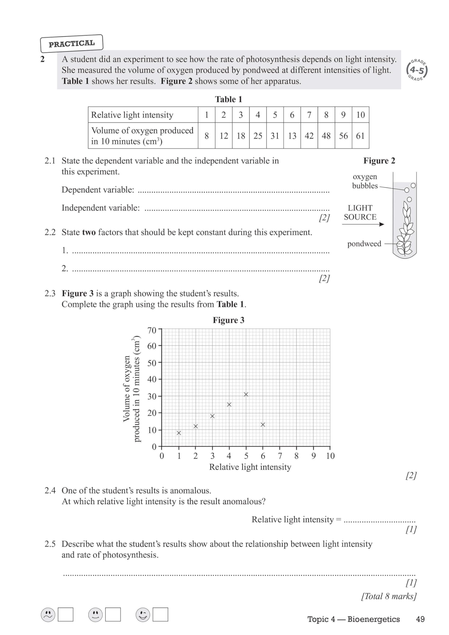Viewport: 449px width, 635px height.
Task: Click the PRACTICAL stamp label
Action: (x=72, y=44)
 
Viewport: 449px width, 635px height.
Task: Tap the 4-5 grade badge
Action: (x=417, y=70)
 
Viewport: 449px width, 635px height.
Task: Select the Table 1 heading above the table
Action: (x=228, y=99)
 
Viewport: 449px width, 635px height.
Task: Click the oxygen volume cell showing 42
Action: (x=309, y=136)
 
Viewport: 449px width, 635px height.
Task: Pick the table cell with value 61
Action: (x=360, y=136)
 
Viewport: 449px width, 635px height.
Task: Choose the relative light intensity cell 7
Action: (x=309, y=115)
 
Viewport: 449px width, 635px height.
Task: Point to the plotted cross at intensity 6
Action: (x=263, y=424)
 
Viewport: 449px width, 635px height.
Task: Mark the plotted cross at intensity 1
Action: (x=179, y=433)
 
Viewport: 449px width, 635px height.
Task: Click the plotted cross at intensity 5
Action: (x=246, y=394)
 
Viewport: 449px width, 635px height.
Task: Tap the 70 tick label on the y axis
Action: (x=152, y=330)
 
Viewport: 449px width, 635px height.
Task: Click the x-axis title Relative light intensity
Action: (x=250, y=467)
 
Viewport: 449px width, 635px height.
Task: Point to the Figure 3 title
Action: (x=228, y=320)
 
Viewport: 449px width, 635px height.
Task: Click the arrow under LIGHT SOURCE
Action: (x=363, y=224)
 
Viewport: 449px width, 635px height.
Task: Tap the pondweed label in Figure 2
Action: (x=364, y=244)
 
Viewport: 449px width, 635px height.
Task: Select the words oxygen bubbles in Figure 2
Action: (x=365, y=181)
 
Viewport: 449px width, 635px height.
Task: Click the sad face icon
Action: (x=48, y=614)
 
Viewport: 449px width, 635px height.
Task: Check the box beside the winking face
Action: (x=160, y=614)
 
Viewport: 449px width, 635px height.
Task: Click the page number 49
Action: (x=420, y=619)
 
